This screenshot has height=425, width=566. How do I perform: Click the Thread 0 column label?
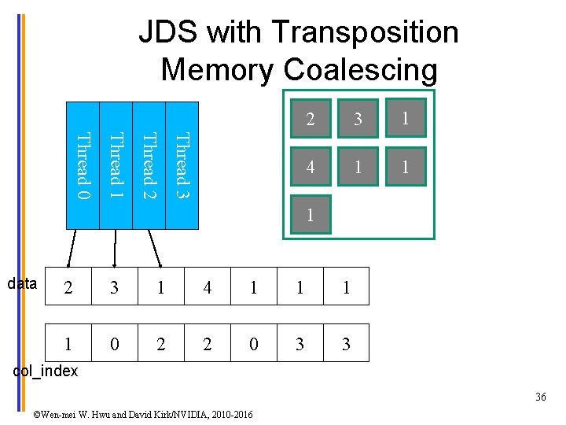[x=83, y=165]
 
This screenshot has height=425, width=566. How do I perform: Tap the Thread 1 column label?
[x=116, y=165]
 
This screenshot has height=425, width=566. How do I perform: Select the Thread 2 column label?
[x=149, y=165]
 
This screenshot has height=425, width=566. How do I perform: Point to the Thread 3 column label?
[x=182, y=165]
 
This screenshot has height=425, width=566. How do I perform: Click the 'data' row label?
[x=22, y=284]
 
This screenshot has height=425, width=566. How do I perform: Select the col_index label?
[x=46, y=371]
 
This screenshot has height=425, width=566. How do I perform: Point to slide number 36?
[x=540, y=397]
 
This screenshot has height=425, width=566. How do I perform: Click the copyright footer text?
[x=143, y=413]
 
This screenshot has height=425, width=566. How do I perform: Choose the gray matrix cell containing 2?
[x=311, y=119]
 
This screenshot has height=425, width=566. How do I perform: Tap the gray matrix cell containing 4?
[x=311, y=167]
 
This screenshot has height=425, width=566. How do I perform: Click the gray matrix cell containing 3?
[x=358, y=119]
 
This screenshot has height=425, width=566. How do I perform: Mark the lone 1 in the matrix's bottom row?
[x=311, y=215]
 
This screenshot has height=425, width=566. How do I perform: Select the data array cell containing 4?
[x=208, y=288]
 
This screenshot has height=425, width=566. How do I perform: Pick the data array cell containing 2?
[x=68, y=288]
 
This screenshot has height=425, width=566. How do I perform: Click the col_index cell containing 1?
[x=68, y=343]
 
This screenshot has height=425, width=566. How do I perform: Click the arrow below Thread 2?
[x=154, y=249]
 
